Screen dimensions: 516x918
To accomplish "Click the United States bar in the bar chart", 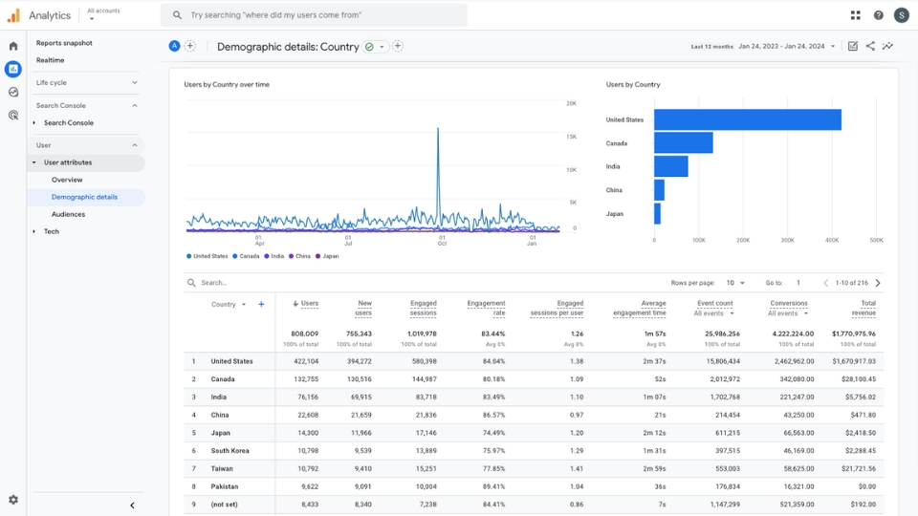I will (747, 119).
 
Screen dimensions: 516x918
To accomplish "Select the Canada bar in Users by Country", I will (683, 143).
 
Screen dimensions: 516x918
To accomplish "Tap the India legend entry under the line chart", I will (274, 256).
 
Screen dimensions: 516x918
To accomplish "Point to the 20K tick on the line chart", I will (571, 103).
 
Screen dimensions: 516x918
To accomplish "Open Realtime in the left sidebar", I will (51, 60).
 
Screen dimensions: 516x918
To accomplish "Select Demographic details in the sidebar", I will (84, 197).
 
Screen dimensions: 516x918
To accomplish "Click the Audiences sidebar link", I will (68, 214).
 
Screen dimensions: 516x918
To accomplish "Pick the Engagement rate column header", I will (486, 308).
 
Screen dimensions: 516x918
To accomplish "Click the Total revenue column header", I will (863, 308).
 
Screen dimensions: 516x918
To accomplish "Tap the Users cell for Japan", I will (306, 433).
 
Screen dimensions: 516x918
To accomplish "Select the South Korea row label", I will (231, 451).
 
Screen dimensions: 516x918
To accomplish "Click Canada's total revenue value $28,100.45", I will (858, 379).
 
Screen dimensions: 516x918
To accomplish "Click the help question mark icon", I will (879, 15).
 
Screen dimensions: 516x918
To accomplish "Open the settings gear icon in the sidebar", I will (13, 500).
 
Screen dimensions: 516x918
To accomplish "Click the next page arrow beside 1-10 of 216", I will (878, 283).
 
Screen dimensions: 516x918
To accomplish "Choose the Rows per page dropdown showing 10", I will (735, 283).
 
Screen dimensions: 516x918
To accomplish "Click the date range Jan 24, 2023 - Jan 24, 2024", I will (787, 46).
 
